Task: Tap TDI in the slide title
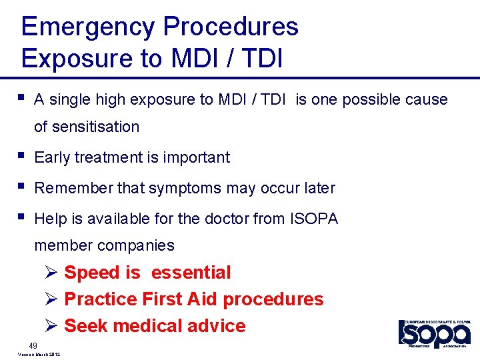259,58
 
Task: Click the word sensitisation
96,127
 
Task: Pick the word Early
52,157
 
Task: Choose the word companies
136,245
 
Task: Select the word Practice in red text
101,299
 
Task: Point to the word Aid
202,299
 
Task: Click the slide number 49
33,345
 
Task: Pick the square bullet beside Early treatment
24,156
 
